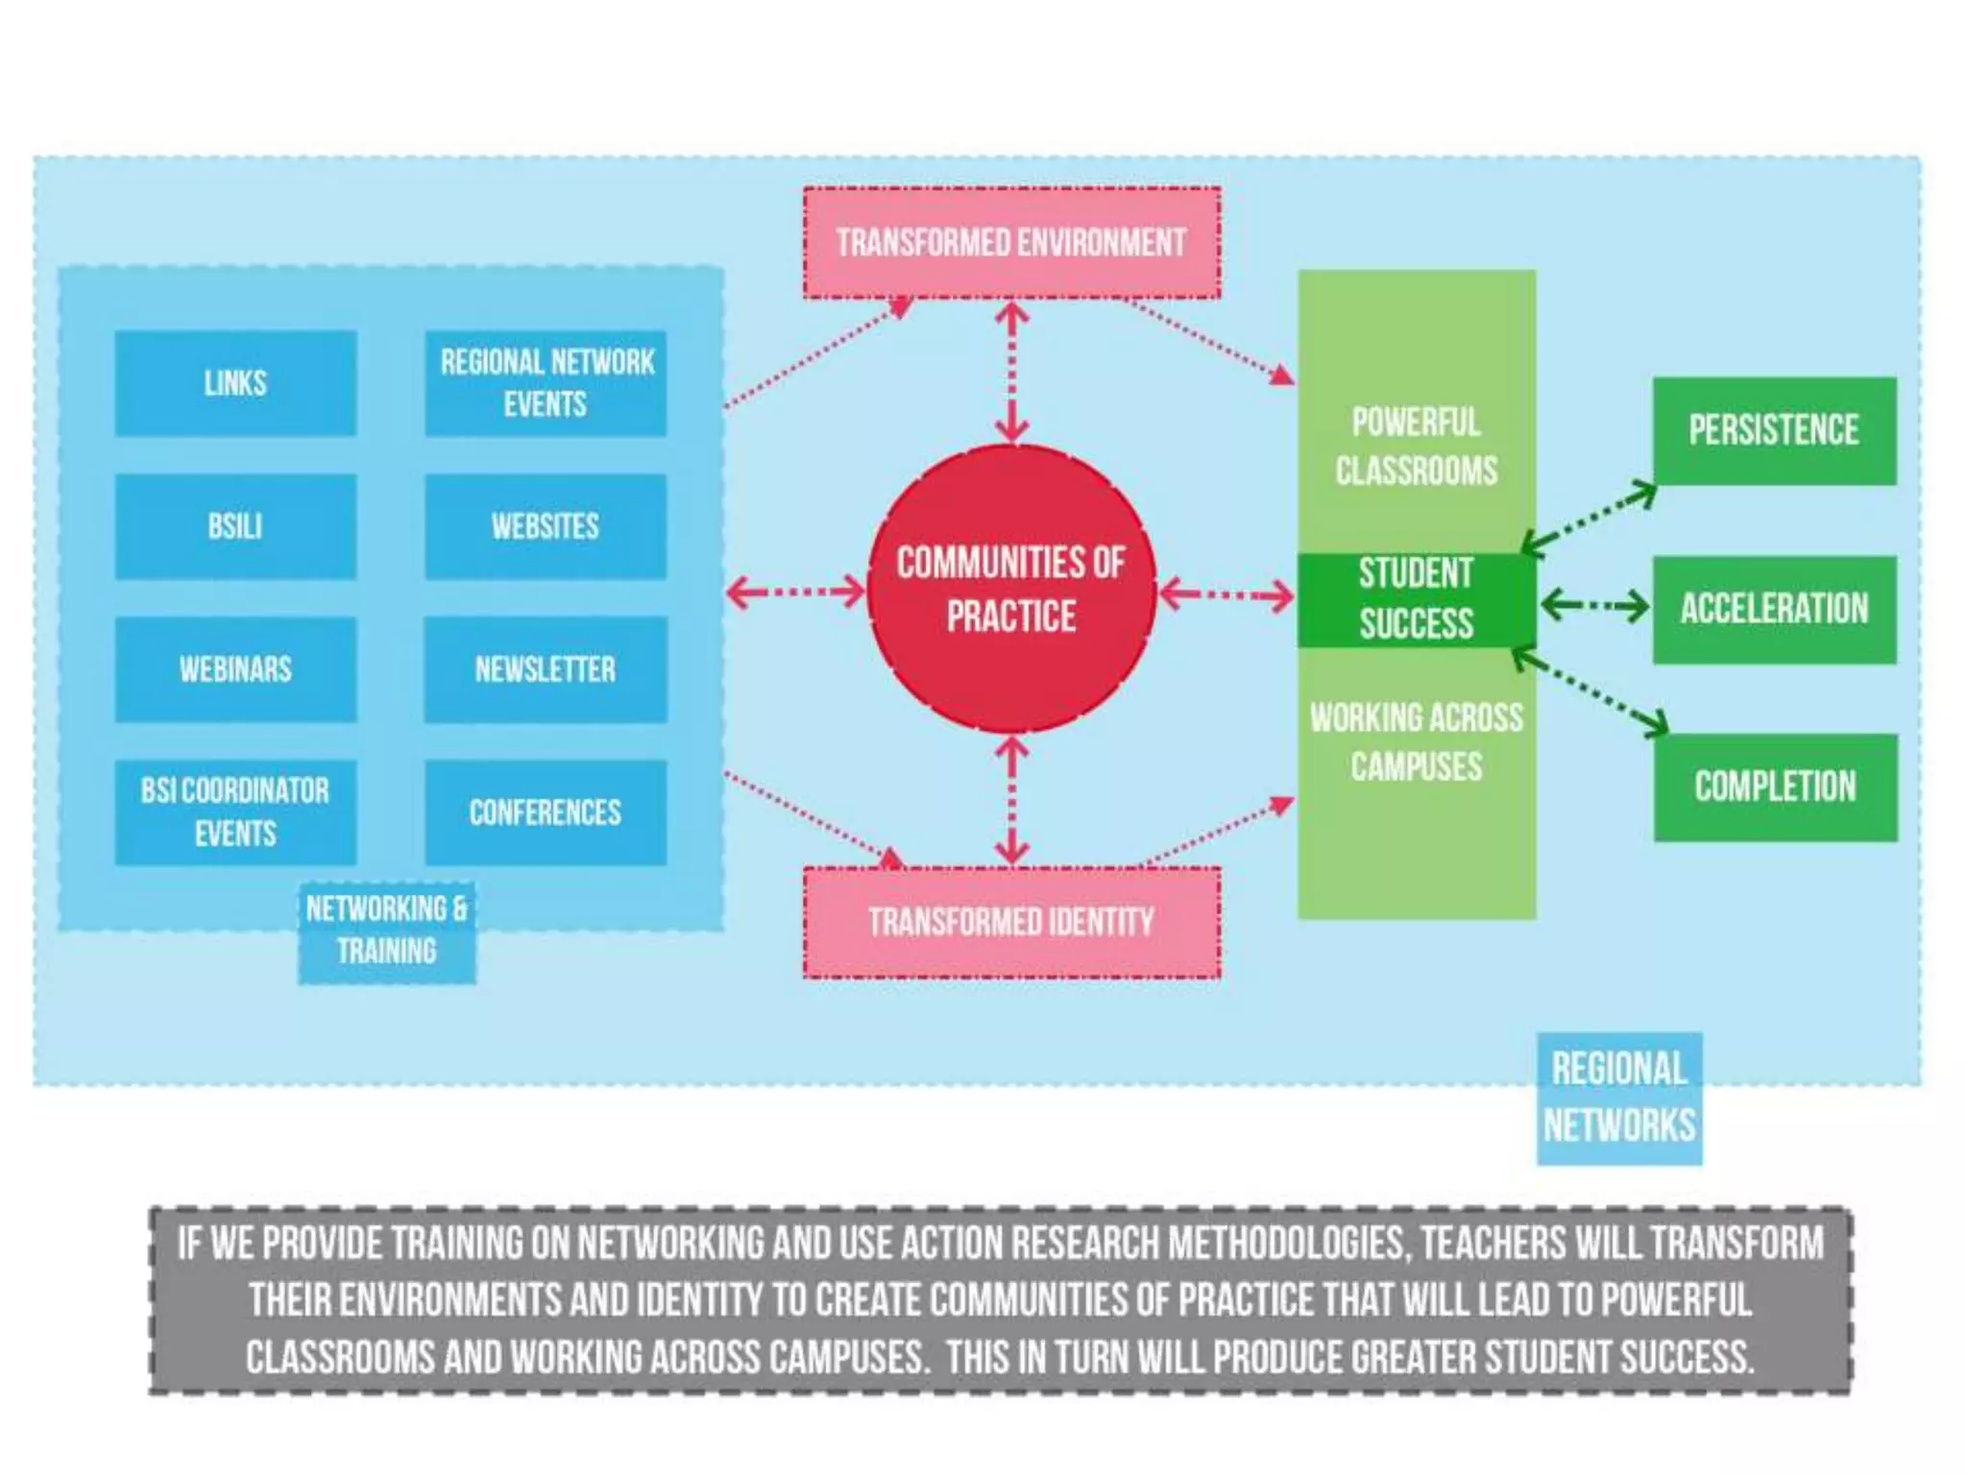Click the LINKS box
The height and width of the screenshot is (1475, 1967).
tap(235, 383)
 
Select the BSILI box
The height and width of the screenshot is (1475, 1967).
tap(235, 526)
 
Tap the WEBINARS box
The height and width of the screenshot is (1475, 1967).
tap(235, 669)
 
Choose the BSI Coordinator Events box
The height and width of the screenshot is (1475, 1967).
tap(235, 812)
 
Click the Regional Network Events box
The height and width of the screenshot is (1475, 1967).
tap(546, 383)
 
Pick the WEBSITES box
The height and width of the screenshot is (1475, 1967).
tap(546, 526)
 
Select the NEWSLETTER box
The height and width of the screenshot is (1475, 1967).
tap(546, 669)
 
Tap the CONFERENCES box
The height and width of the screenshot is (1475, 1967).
tap(546, 812)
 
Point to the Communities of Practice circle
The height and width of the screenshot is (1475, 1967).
tap(1011, 590)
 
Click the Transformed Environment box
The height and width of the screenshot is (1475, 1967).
tap(1011, 243)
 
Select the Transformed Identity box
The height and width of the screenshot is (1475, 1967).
tap(1011, 923)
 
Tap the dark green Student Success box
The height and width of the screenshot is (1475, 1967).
tap(1416, 599)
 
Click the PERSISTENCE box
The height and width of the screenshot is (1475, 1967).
tap(1774, 430)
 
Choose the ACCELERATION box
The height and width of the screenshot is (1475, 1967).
tap(1774, 609)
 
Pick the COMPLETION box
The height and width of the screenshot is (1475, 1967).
tap(1775, 787)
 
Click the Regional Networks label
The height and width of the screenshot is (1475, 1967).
tap(1619, 1098)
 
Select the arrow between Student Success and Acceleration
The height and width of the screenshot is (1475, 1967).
tap(1594, 606)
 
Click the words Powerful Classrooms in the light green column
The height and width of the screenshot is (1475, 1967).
tap(1416, 447)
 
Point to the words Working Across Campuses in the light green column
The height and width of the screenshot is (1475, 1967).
tap(1416, 742)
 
